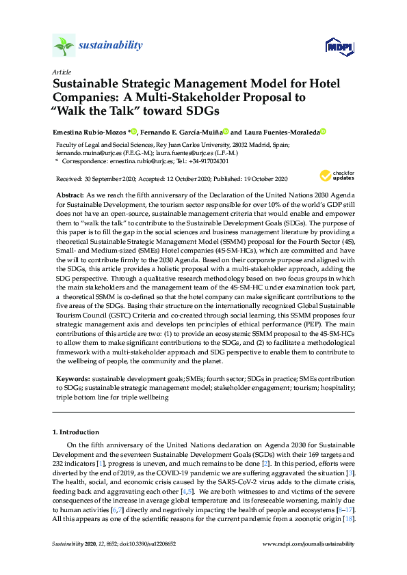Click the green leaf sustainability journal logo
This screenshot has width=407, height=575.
click(x=63, y=46)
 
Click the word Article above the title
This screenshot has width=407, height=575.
click(x=61, y=71)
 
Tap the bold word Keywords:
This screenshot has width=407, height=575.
click(x=73, y=378)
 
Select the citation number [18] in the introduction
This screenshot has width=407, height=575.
click(x=348, y=520)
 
